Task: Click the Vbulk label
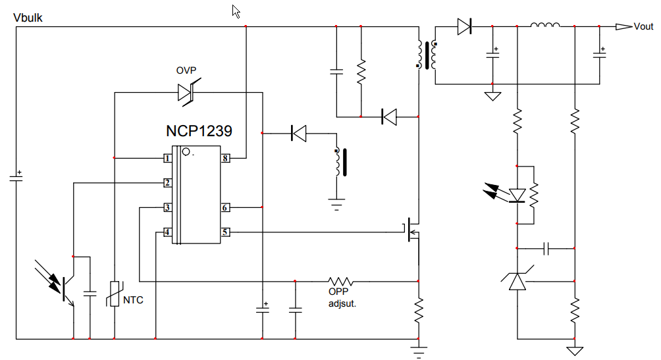(28, 18)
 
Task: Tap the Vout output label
(643, 26)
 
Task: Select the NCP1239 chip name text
(198, 131)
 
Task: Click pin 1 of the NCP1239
(168, 158)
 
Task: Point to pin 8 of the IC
(225, 158)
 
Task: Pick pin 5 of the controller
(225, 232)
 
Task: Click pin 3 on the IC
(168, 208)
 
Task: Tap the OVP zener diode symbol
(186, 92)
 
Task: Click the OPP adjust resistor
(341, 281)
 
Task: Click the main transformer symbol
(427, 55)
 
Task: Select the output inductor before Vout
(545, 26)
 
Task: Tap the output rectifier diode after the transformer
(465, 26)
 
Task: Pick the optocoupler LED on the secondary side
(517, 195)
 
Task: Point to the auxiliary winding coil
(338, 162)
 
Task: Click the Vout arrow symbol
(623, 26)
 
